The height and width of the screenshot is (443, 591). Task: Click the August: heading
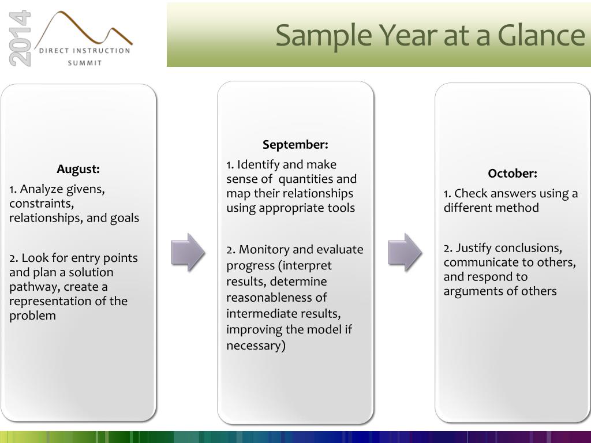[78, 169]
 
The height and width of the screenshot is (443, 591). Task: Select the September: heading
[295, 145]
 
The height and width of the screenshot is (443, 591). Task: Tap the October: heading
[513, 173]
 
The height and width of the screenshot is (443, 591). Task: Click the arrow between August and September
[188, 253]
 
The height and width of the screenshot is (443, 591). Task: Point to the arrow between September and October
[405, 253]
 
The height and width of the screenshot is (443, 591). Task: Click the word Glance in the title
[541, 35]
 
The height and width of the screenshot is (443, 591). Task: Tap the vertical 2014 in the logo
[20, 39]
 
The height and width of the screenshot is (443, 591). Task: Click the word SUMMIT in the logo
[85, 63]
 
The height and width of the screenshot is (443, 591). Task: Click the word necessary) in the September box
[256, 346]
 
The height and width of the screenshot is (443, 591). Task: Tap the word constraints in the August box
[42, 204]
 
